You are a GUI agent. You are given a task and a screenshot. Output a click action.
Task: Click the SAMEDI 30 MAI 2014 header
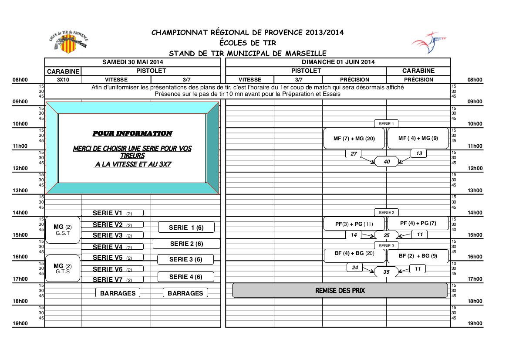pyautogui.click(x=132, y=62)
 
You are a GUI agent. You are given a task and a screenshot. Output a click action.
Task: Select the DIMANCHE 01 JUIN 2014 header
pyautogui.click(x=337, y=62)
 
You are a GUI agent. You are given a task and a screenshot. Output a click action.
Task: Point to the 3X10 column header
pyautogui.click(x=63, y=80)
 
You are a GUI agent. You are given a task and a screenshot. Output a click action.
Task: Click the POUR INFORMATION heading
pyautogui.click(x=132, y=133)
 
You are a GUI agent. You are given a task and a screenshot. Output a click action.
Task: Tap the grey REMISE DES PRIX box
pyautogui.click(x=340, y=290)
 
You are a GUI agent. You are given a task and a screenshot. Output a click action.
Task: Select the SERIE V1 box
pyautogui.click(x=112, y=213)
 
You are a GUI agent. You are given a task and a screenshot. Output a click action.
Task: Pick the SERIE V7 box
pyautogui.click(x=112, y=279)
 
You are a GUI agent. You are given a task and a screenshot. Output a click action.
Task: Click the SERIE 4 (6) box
pyautogui.click(x=185, y=277)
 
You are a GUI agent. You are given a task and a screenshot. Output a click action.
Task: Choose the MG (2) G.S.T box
pyautogui.click(x=63, y=229)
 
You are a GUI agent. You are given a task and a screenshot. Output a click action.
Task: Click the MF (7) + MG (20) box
pyautogui.click(x=354, y=139)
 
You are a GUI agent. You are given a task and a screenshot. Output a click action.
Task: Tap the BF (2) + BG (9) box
pyautogui.click(x=418, y=256)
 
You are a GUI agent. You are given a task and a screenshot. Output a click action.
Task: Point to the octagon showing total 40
pyautogui.click(x=387, y=162)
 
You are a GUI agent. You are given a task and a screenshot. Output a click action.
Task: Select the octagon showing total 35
pyautogui.click(x=386, y=272)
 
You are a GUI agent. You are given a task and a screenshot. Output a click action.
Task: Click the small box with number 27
pyautogui.click(x=354, y=153)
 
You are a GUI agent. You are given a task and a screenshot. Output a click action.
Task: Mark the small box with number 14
pyautogui.click(x=354, y=235)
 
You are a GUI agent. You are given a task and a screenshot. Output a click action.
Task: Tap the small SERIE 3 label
pyautogui.click(x=386, y=245)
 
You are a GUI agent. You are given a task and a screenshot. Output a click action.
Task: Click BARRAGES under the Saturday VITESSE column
pyautogui.click(x=118, y=293)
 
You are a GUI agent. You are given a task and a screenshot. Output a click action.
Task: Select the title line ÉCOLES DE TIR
pyautogui.click(x=247, y=43)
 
